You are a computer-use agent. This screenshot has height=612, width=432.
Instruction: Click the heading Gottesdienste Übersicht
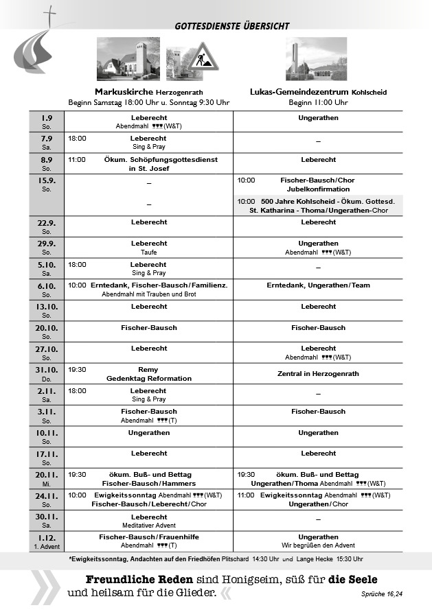tap(232, 26)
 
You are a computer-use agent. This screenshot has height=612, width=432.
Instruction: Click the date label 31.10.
tap(46, 370)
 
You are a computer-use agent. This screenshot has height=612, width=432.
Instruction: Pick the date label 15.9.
tap(46, 180)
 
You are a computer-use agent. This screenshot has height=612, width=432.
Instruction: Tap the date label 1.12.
tap(46, 537)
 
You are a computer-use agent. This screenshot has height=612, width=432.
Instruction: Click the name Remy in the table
tap(148, 370)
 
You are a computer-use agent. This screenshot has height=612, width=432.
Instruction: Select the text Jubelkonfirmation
tap(318, 189)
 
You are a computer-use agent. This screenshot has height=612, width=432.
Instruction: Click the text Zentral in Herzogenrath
tap(318, 374)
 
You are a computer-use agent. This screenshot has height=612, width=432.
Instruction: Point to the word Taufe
tap(149, 252)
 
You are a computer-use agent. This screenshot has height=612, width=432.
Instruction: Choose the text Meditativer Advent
tap(149, 525)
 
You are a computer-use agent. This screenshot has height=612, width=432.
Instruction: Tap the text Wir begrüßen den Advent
tap(318, 545)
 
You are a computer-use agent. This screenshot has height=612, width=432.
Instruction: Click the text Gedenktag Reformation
tap(149, 379)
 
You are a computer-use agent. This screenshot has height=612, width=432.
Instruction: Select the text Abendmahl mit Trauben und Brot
tap(149, 294)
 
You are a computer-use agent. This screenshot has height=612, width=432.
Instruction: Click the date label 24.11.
tap(46, 495)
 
